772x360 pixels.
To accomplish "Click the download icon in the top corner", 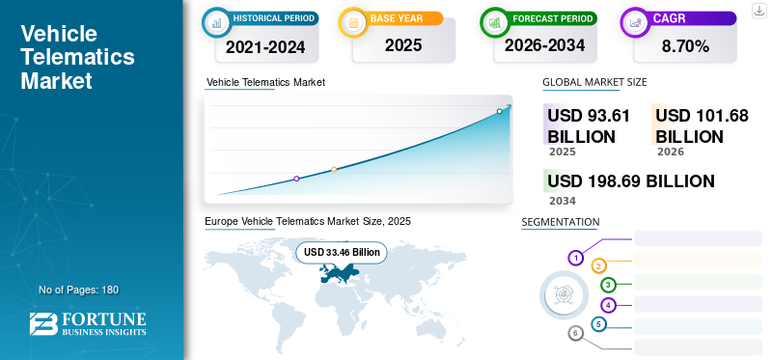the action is [759, 11].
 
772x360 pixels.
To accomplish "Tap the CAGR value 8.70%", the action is [685, 46].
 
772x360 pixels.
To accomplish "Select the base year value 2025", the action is [403, 45].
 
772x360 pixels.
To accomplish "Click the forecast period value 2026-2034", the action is [544, 45].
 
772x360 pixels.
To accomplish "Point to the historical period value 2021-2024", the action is [265, 47].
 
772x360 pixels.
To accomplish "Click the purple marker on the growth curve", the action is [296, 179].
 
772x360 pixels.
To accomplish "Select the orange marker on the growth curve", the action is [334, 170].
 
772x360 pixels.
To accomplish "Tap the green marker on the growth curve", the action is [499, 111].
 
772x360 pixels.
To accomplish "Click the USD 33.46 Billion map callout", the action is [342, 252].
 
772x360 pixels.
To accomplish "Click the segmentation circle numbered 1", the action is [575, 258].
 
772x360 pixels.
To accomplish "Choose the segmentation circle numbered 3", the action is [609, 285].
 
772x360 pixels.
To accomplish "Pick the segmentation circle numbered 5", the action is [598, 324].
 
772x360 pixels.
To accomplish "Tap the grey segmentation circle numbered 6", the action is [575, 333].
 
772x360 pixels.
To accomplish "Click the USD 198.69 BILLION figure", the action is [631, 181].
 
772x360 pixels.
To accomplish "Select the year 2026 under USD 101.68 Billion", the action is [670, 152].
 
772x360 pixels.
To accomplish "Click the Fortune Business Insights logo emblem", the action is [43, 324].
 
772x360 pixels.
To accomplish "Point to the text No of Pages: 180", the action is [79, 290].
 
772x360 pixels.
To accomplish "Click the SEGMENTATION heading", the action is [561, 222].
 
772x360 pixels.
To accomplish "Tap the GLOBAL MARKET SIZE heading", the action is [594, 82].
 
